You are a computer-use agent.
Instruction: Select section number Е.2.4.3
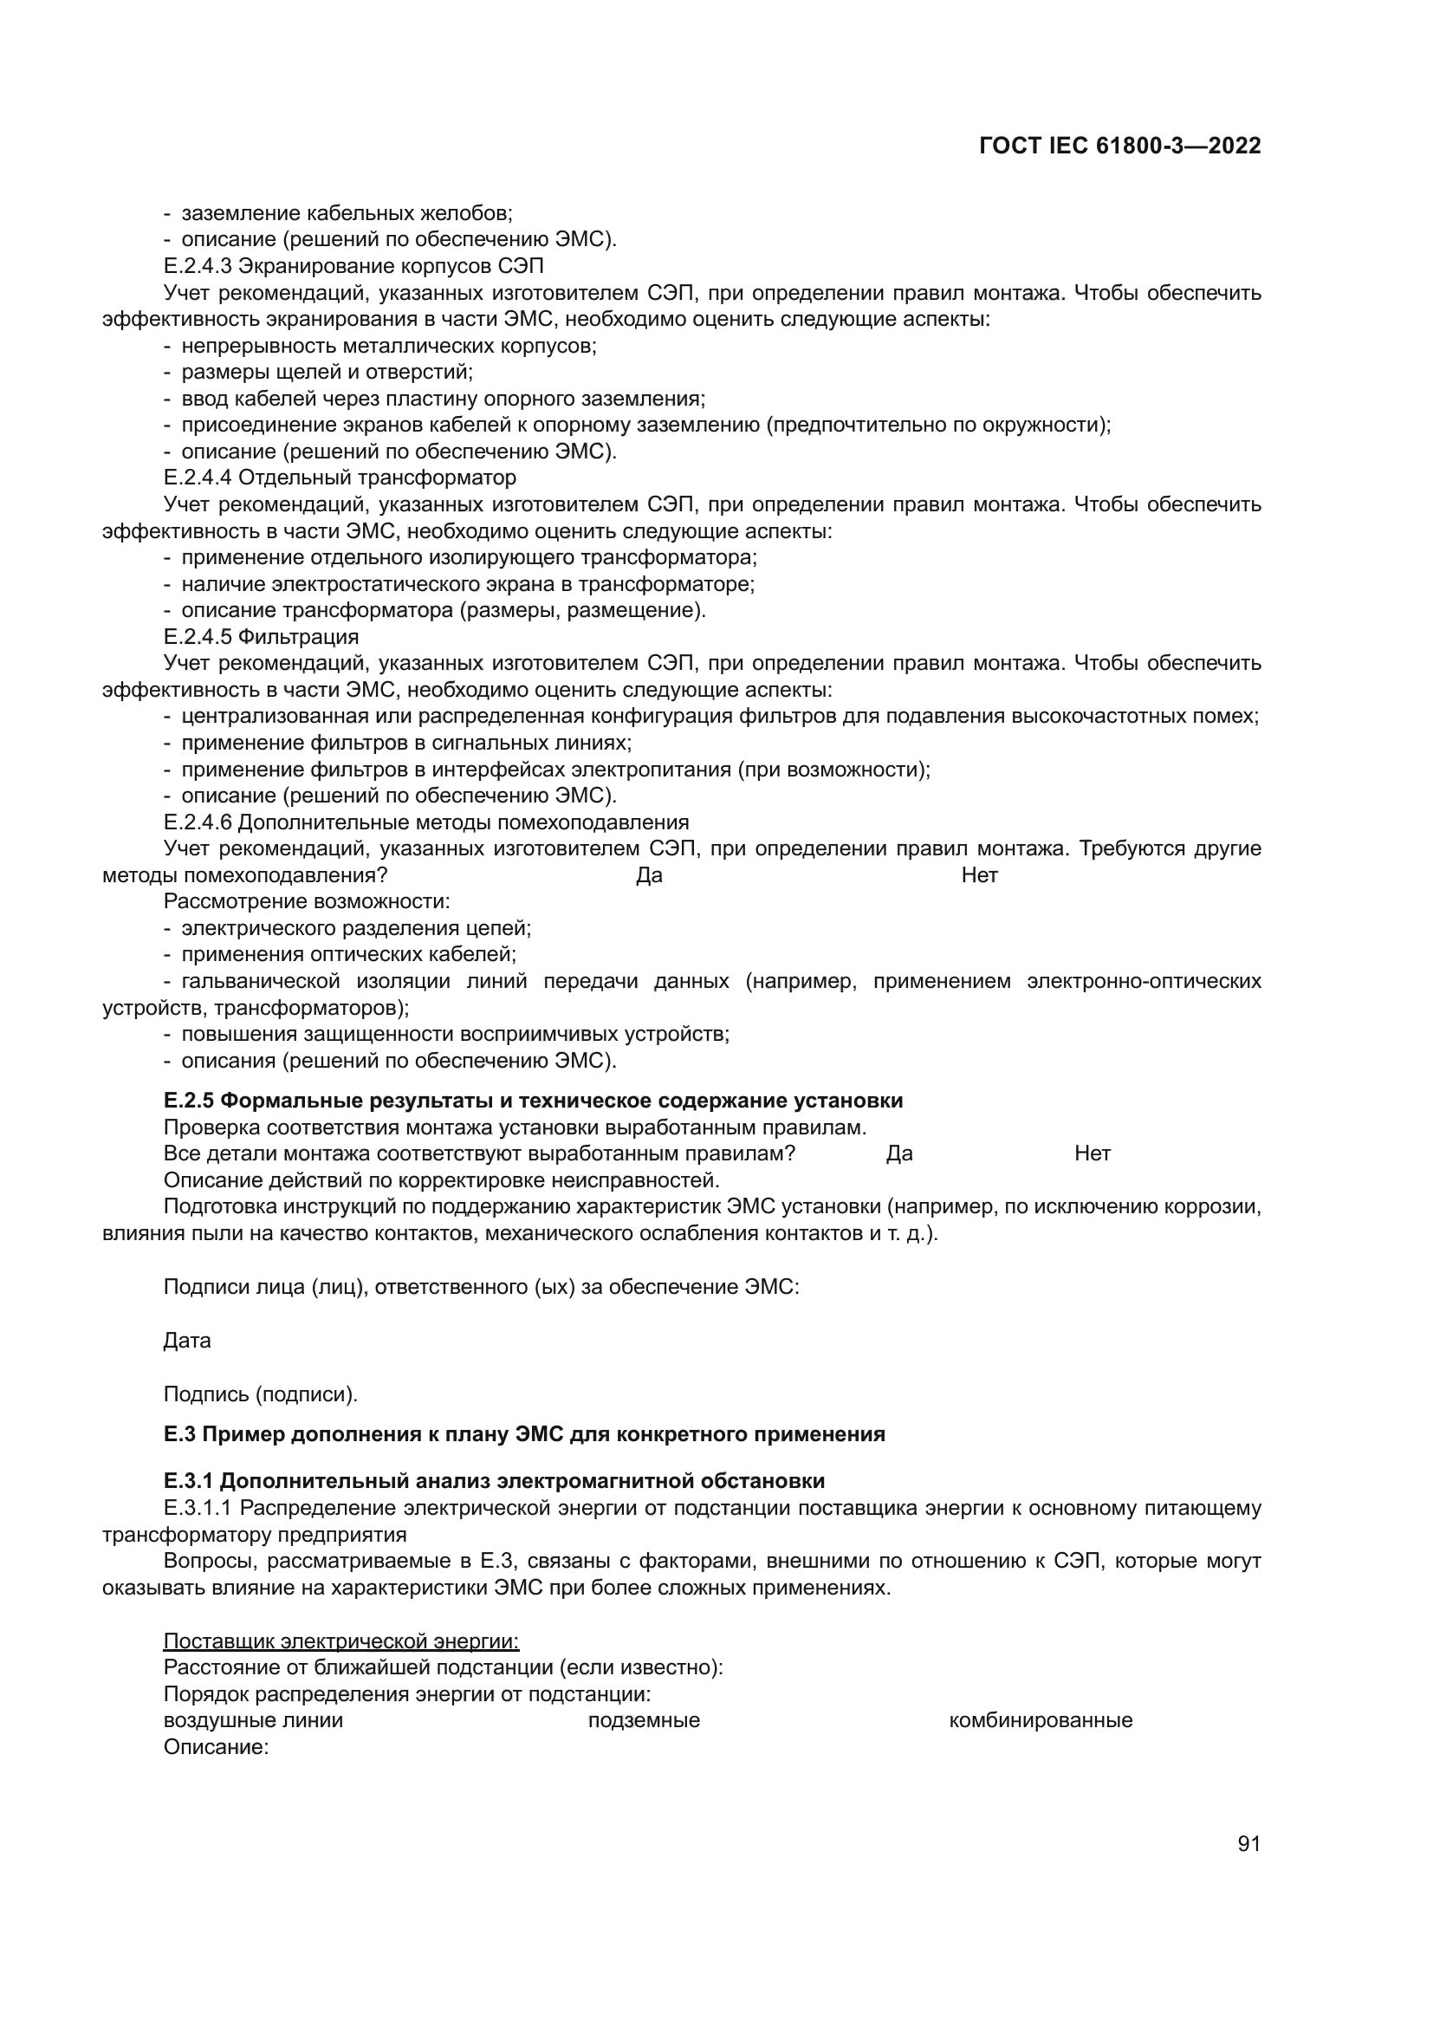198,266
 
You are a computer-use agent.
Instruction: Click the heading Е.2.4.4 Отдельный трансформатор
340,478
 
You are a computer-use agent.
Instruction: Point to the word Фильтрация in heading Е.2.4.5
298,637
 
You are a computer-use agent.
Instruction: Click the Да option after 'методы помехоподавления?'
649,876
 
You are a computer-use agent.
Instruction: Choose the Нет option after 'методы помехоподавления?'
980,876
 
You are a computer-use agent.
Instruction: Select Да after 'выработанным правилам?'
899,1153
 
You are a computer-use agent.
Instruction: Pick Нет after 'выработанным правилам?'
1093,1153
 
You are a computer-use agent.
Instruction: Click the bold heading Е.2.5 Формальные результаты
533,1100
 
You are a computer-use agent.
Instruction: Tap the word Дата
187,1340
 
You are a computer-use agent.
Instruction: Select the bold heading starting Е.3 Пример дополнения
524,1433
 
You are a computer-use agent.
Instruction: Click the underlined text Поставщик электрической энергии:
341,1641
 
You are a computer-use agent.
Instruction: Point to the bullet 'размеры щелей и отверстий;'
327,372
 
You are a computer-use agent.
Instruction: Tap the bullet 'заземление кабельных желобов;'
347,213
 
